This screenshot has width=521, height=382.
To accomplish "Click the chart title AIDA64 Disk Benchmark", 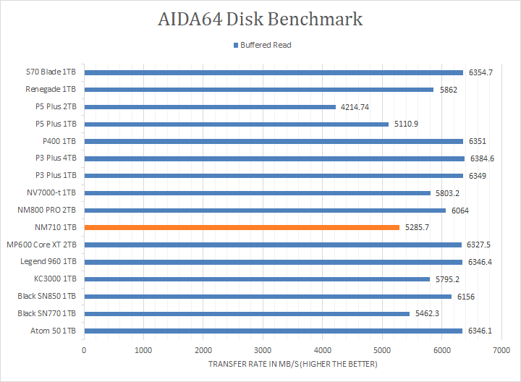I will pyautogui.click(x=260, y=19).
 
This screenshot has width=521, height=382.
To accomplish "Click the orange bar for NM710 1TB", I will pyautogui.click(x=242, y=227).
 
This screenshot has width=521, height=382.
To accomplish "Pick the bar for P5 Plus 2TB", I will pyautogui.click(x=210, y=106).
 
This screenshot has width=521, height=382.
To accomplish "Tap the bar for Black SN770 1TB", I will pyautogui.click(x=247, y=313).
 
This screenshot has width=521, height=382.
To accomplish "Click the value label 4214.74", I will pyautogui.click(x=355, y=106).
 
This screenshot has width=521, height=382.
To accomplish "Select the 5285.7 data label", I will pyautogui.click(x=417, y=227).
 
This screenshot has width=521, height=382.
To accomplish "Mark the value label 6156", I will pyautogui.click(x=465, y=296).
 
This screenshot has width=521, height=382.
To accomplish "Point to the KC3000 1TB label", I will pyautogui.click(x=56, y=279).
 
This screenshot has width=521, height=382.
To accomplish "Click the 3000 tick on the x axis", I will pyautogui.click(x=263, y=350).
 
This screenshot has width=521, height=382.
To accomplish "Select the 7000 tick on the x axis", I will pyautogui.click(x=501, y=350).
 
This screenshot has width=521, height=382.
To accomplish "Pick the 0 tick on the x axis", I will pyautogui.click(x=85, y=350).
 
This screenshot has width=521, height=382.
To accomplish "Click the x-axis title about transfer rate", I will pyautogui.click(x=292, y=364).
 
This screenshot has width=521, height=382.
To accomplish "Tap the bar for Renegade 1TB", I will pyautogui.click(x=259, y=90).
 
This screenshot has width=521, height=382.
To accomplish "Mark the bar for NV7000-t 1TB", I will pyautogui.click(x=258, y=192).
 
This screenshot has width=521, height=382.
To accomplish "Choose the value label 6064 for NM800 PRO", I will pyautogui.click(x=459, y=210).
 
